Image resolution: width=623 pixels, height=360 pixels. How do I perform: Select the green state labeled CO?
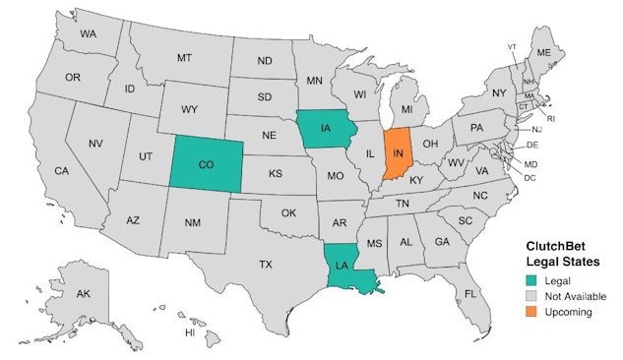pyautogui.click(x=206, y=166)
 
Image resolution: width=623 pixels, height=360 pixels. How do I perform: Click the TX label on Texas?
pyautogui.click(x=265, y=265)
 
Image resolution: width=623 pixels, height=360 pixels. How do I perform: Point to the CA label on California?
pyautogui.click(x=61, y=171)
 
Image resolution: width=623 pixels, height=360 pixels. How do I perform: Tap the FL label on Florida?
pyautogui.click(x=470, y=293)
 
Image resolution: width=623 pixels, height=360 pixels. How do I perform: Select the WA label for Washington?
pyautogui.click(x=89, y=34)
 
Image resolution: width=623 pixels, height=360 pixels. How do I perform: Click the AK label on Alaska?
pyautogui.click(x=84, y=293)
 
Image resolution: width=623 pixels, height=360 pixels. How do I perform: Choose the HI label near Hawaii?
pyautogui.click(x=190, y=332)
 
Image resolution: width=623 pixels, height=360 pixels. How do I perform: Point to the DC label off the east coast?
pyautogui.click(x=530, y=178)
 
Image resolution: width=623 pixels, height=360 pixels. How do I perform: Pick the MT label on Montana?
pyautogui.click(x=184, y=58)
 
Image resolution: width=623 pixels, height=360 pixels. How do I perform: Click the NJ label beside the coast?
pyautogui.click(x=536, y=130)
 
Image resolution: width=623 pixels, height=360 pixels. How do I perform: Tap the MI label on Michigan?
pyautogui.click(x=405, y=108)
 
